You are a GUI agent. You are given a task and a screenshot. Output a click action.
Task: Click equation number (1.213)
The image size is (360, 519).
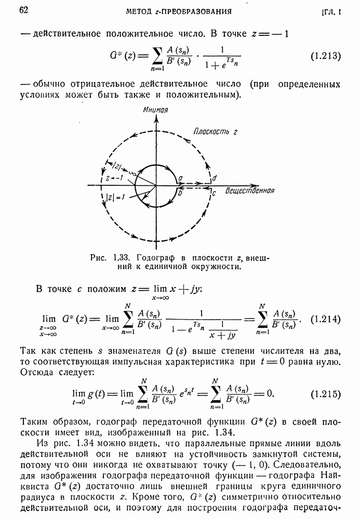(325, 56)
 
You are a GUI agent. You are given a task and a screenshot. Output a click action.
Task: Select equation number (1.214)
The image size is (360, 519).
(325, 319)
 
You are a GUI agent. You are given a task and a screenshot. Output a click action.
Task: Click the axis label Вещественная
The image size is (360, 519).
(250, 191)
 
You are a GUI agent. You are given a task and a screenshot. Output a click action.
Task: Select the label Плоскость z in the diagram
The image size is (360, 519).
(215, 132)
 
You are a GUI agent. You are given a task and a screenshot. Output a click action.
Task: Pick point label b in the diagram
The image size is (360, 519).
(179, 193)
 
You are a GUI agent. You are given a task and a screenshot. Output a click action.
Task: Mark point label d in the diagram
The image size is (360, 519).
(215, 178)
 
